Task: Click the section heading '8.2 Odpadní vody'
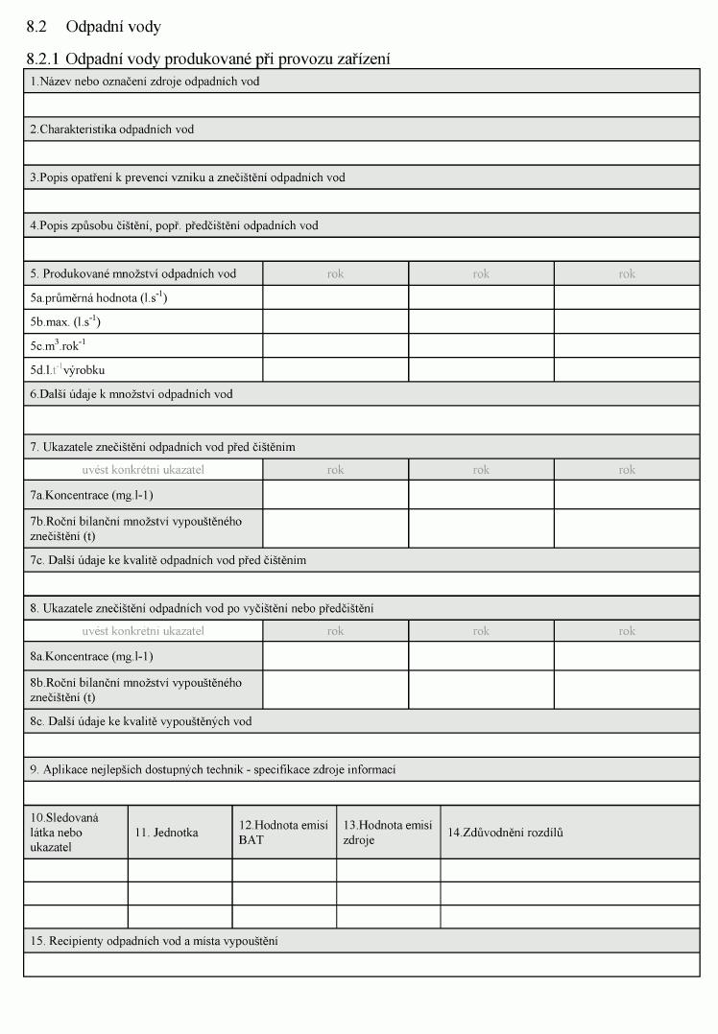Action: coord(94,27)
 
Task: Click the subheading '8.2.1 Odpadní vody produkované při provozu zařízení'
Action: coord(208,59)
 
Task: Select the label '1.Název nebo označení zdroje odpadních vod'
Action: coord(144,82)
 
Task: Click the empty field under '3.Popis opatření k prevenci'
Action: coord(362,200)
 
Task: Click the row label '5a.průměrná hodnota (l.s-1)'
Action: coord(99,297)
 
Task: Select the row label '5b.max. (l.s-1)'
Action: coord(65,321)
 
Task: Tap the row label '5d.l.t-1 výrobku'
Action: coord(67,369)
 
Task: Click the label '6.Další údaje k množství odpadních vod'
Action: coord(131,393)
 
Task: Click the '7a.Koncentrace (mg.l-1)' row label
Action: coord(91,495)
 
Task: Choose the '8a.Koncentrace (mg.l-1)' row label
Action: coord(91,656)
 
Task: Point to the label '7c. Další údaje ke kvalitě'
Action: coord(168,559)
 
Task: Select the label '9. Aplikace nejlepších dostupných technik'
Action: coord(212,769)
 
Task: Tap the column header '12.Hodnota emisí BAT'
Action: coord(283,833)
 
